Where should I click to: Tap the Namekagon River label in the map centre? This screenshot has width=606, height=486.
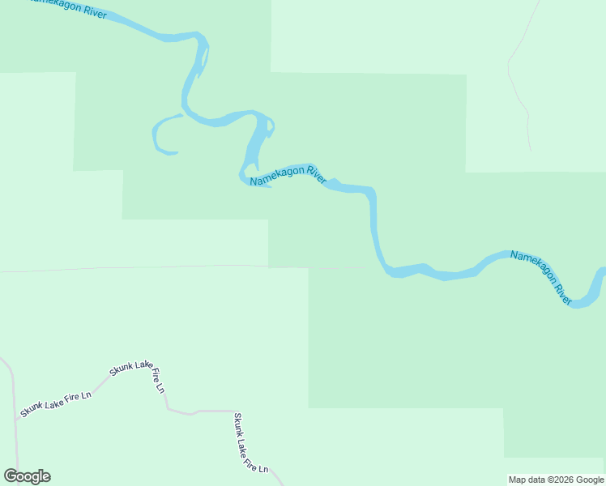[288, 175]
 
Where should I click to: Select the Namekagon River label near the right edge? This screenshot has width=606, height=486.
[541, 276]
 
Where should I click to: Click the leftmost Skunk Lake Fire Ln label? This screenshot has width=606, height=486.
[56, 402]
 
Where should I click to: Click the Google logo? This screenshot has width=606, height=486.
[27, 476]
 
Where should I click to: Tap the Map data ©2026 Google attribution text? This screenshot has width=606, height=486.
[556, 480]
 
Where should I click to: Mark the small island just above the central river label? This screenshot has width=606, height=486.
[268, 127]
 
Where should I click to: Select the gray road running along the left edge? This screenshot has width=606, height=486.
[14, 405]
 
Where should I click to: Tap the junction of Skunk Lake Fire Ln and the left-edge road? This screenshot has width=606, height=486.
[15, 420]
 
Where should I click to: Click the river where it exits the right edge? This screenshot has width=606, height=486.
[600, 280]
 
